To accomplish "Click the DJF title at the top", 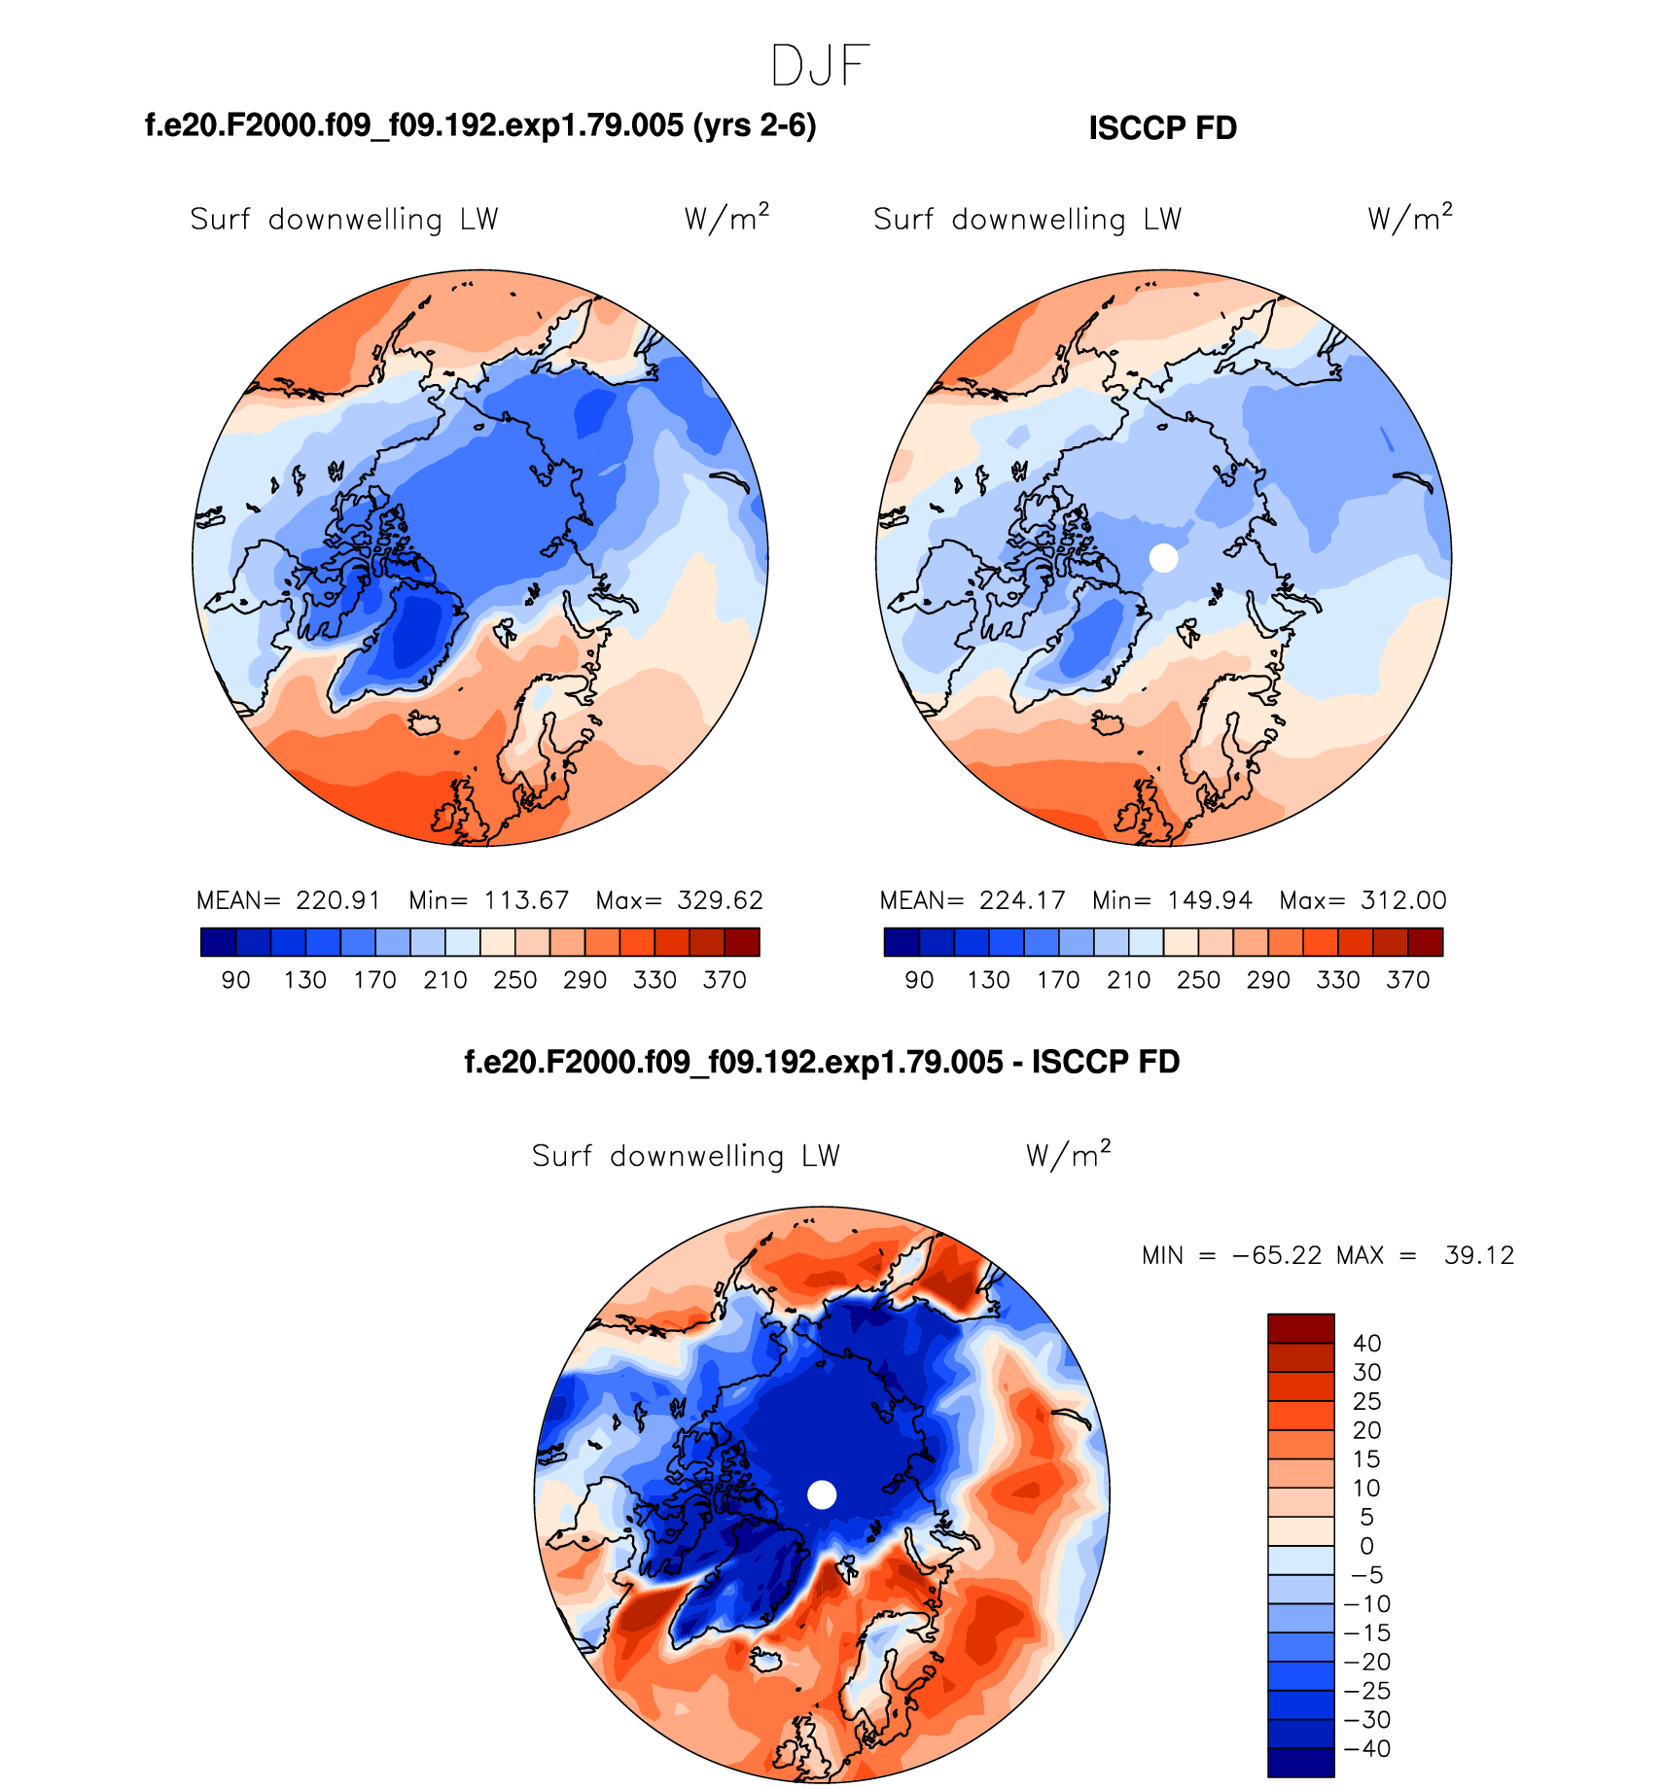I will [819, 67].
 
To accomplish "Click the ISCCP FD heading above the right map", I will [1162, 128].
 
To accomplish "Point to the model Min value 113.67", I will [526, 900].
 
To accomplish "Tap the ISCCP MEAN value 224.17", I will [1022, 900].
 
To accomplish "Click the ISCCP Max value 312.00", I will [1403, 900].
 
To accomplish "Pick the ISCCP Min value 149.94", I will [1210, 900].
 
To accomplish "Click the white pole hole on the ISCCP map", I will [1163, 557].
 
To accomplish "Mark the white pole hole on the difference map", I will [822, 1494].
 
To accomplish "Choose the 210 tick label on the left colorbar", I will [445, 980].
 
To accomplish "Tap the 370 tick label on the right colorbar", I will [1408, 980].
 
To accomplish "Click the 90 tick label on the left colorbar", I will [236, 980].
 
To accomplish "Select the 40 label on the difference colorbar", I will [1366, 1343].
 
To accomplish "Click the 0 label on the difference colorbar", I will [1366, 1546].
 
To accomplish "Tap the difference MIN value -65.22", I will [1277, 1255].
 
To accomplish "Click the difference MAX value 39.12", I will [1479, 1255].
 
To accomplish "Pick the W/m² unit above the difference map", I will [1068, 1154].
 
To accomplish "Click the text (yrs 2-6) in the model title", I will [755, 126].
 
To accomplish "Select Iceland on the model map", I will [424, 723].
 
